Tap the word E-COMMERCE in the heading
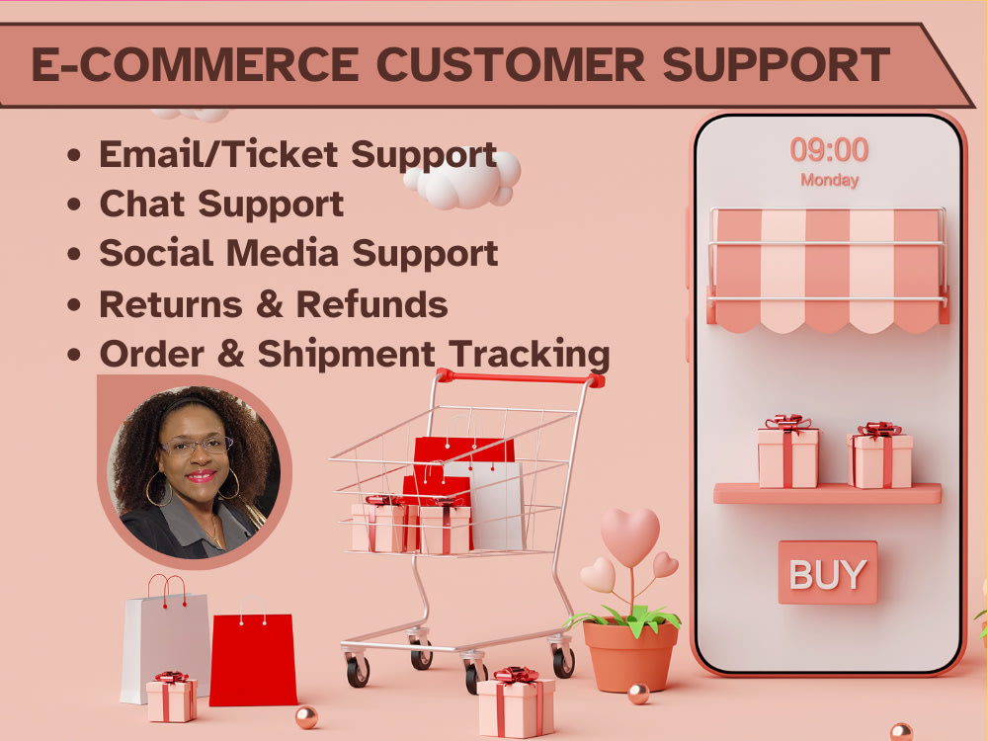(x=195, y=64)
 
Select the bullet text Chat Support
(x=221, y=204)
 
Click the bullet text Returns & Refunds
(x=274, y=303)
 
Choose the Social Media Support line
(x=298, y=253)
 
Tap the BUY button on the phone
(x=827, y=573)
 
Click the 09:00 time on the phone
(x=829, y=150)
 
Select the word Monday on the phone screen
(x=829, y=181)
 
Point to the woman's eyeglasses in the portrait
(x=196, y=447)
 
